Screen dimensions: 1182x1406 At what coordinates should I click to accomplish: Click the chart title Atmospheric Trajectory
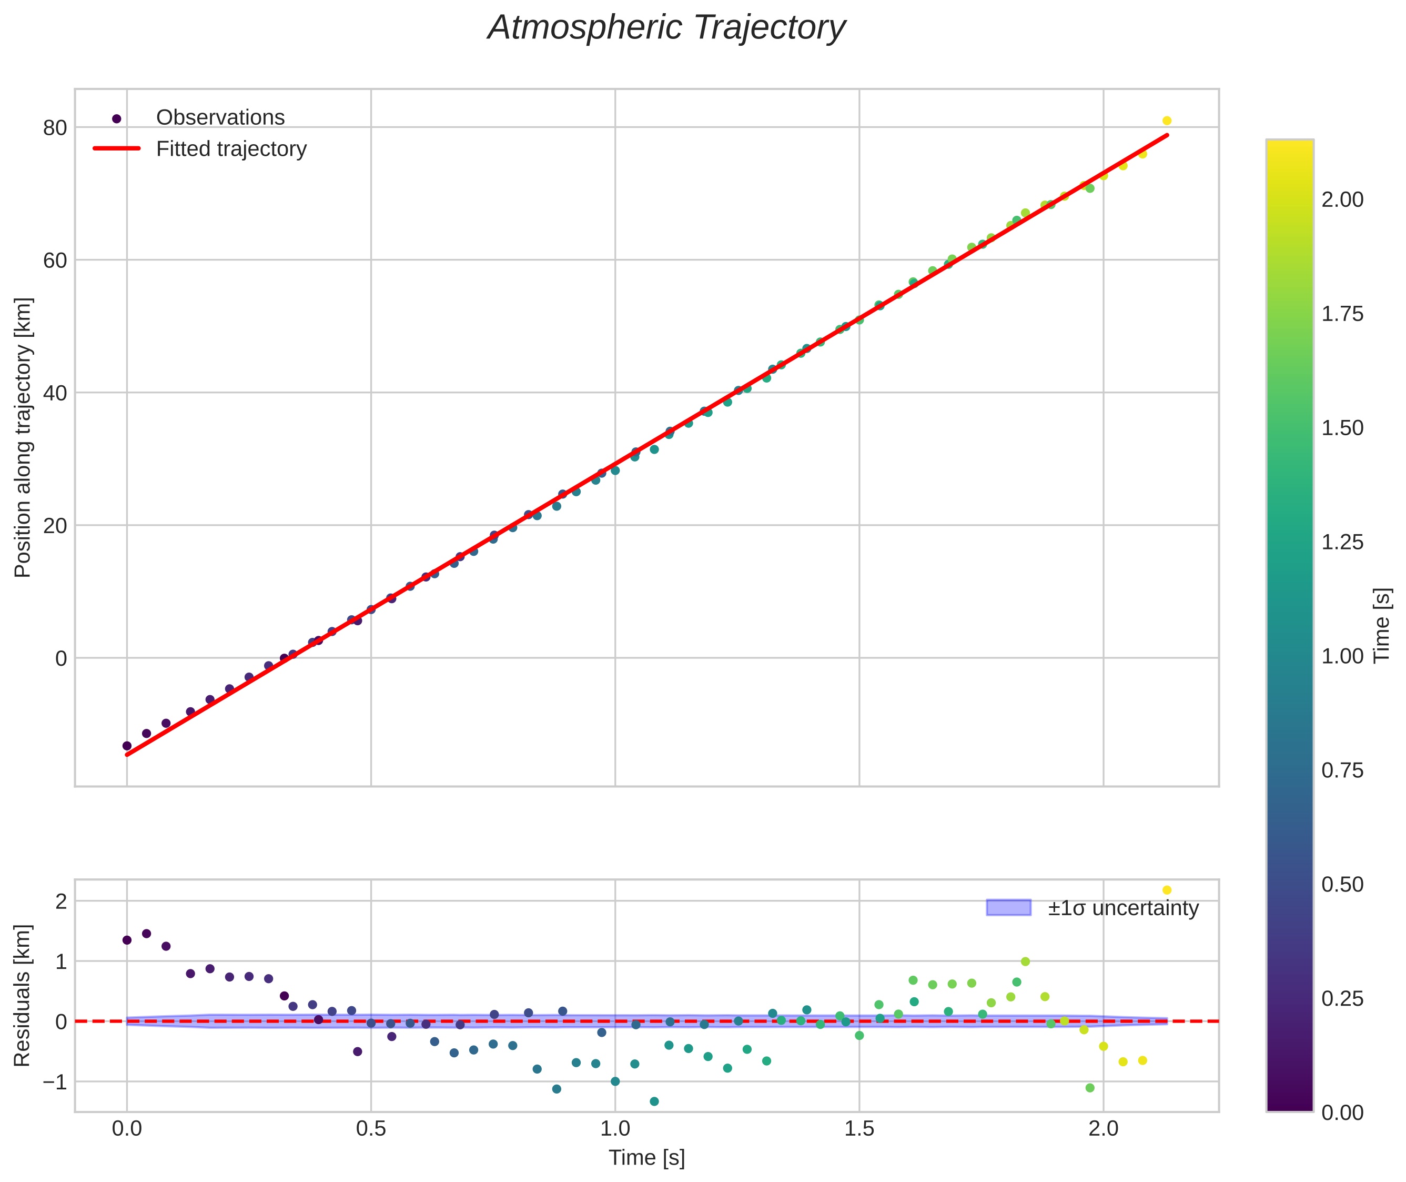(666, 28)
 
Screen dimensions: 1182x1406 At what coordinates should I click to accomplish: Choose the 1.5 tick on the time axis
(859, 1128)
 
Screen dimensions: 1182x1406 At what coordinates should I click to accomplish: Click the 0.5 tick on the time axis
(370, 1128)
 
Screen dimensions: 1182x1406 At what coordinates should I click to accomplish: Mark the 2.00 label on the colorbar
(1342, 199)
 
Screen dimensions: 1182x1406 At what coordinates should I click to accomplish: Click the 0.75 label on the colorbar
(1342, 770)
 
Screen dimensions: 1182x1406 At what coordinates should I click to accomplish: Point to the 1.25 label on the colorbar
(1342, 542)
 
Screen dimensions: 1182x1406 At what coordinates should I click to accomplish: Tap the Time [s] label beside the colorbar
(1382, 625)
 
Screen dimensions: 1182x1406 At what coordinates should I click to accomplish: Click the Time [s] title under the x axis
(646, 1158)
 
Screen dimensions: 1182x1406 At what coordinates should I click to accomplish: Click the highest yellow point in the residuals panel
(1166, 890)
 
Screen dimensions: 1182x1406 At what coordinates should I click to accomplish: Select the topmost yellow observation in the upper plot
(1166, 121)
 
